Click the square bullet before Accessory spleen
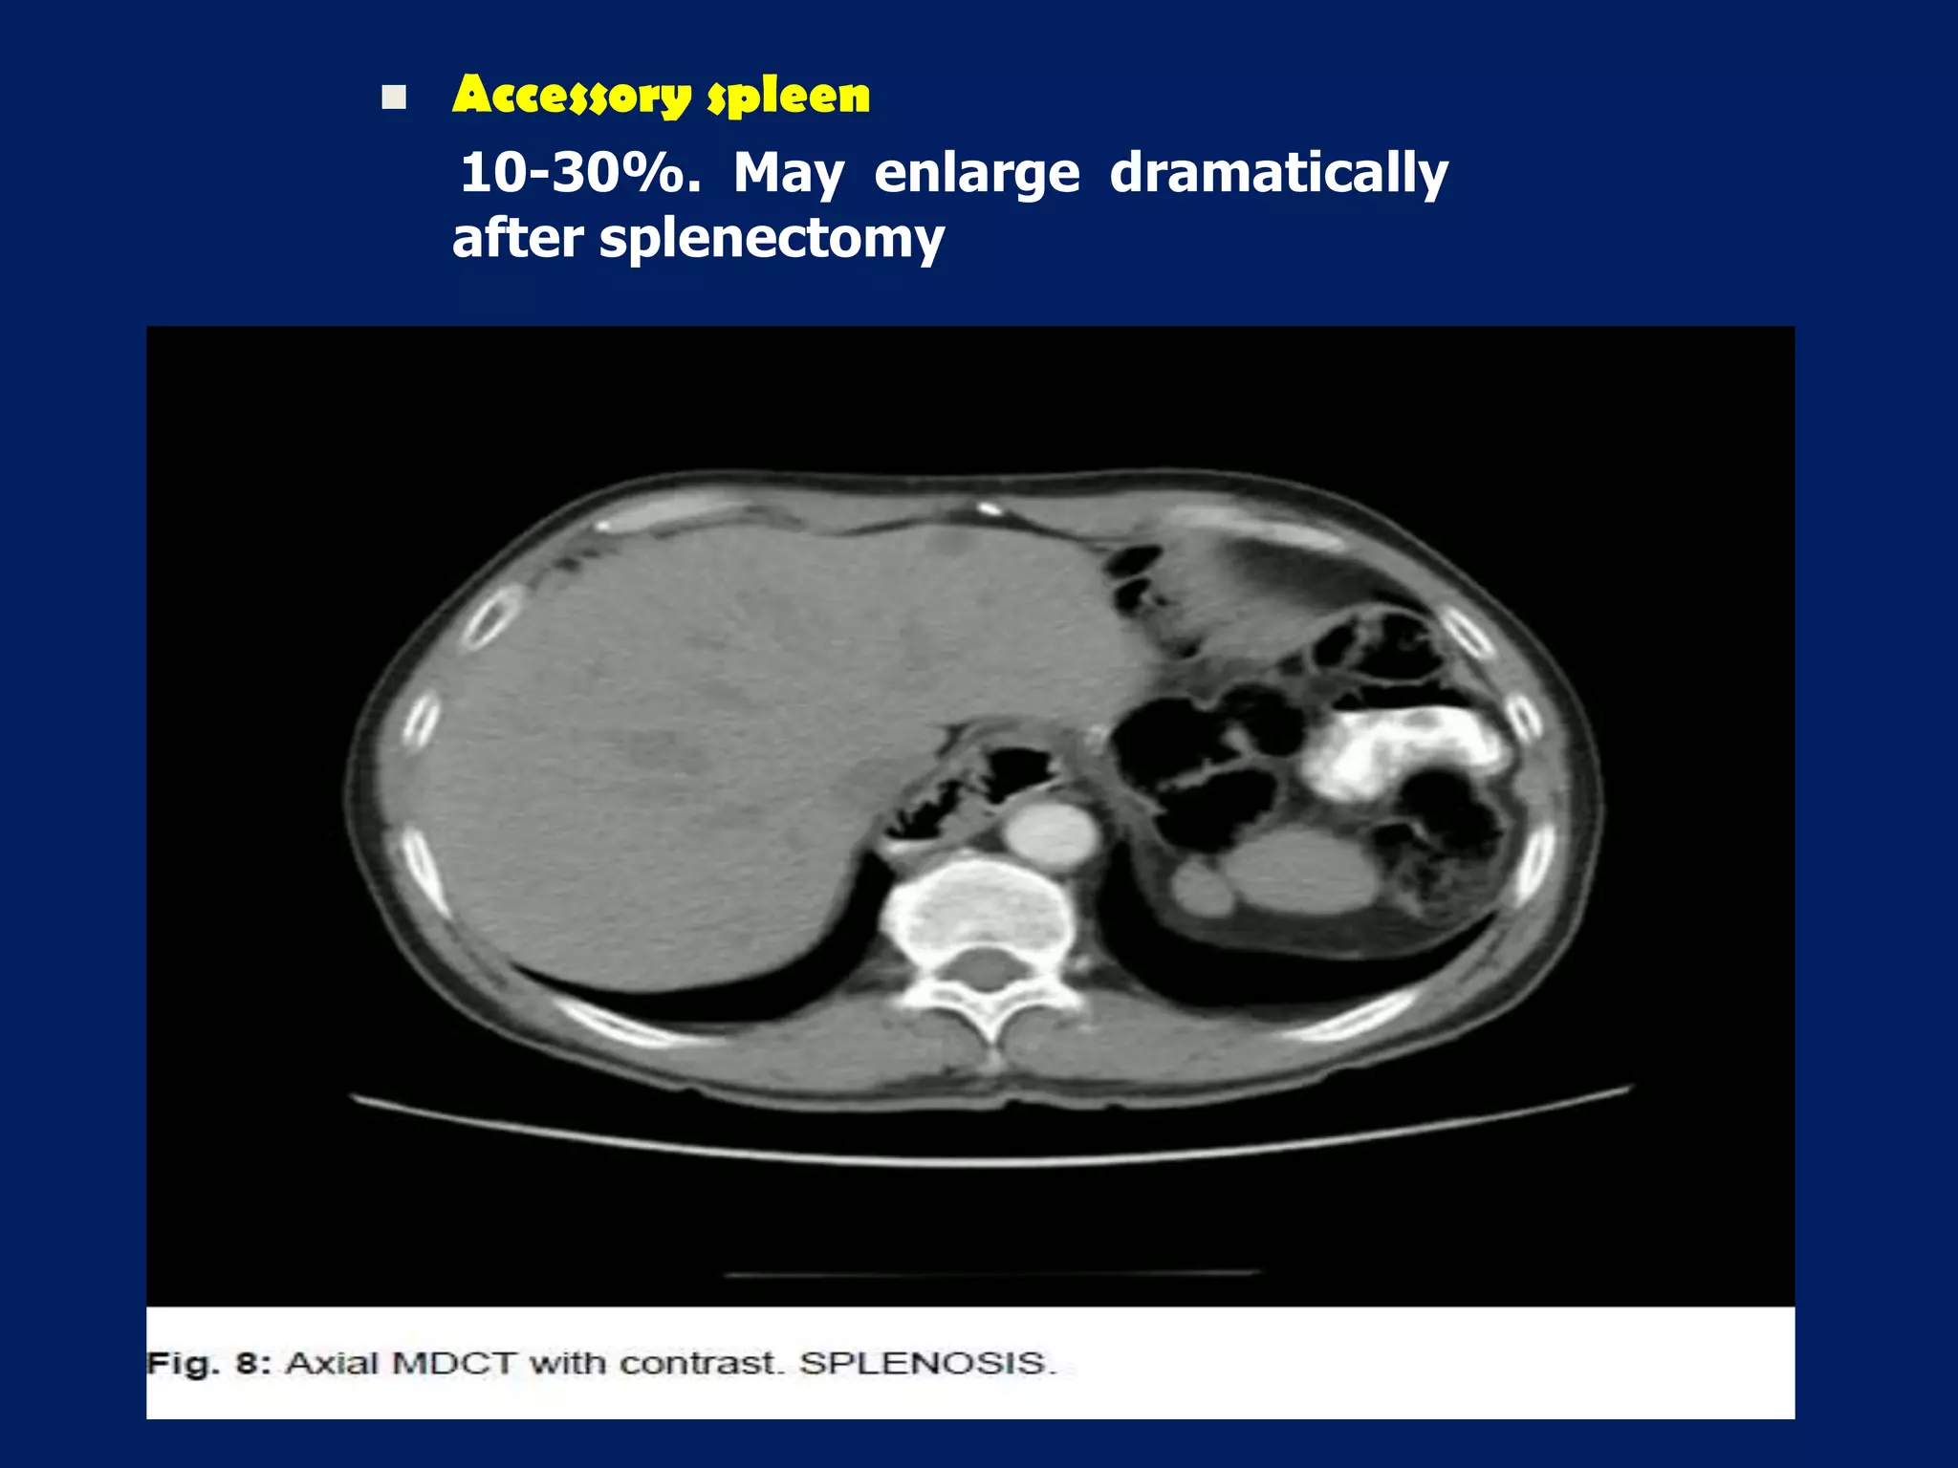[394, 97]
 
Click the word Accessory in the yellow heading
[572, 96]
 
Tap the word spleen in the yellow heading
[789, 96]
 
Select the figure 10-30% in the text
[579, 174]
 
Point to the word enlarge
[977, 174]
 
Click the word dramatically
[1278, 174]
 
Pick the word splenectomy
[772, 239]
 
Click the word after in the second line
[517, 239]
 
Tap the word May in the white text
[789, 174]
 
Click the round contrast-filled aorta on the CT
[1052, 832]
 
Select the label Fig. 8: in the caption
[203, 1363]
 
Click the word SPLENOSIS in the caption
[926, 1363]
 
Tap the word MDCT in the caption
[455, 1363]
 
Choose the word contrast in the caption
[706, 1363]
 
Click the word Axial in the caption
[333, 1363]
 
